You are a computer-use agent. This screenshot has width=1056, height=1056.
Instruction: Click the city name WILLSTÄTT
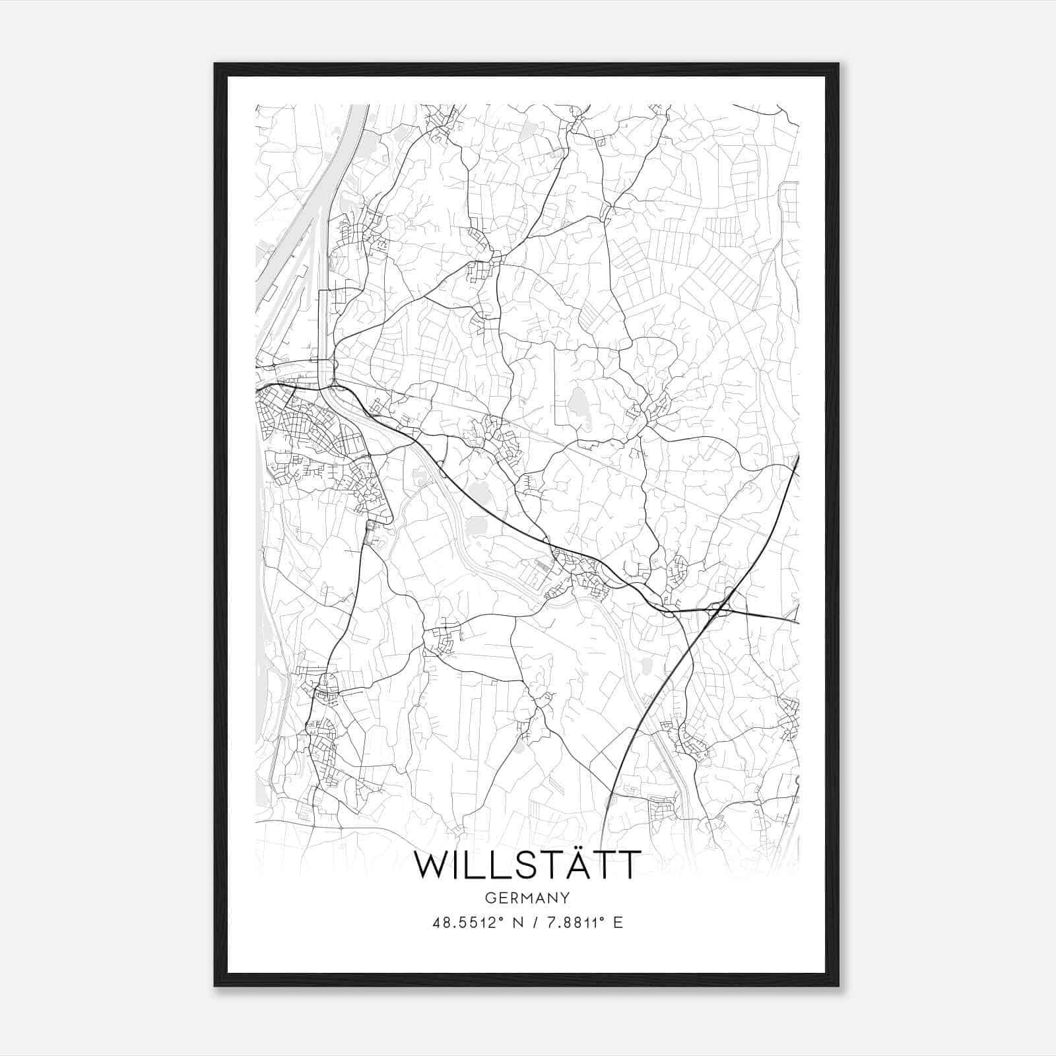[527, 865]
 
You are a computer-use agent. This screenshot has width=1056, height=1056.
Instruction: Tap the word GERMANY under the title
[527, 898]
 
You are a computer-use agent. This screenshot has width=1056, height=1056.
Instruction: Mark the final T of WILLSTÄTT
[626, 865]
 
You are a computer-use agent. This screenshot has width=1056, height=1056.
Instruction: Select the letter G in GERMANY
[490, 898]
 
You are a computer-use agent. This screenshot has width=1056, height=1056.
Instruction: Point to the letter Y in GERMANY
[565, 898]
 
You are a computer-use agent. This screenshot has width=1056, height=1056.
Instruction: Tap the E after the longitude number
[618, 923]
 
